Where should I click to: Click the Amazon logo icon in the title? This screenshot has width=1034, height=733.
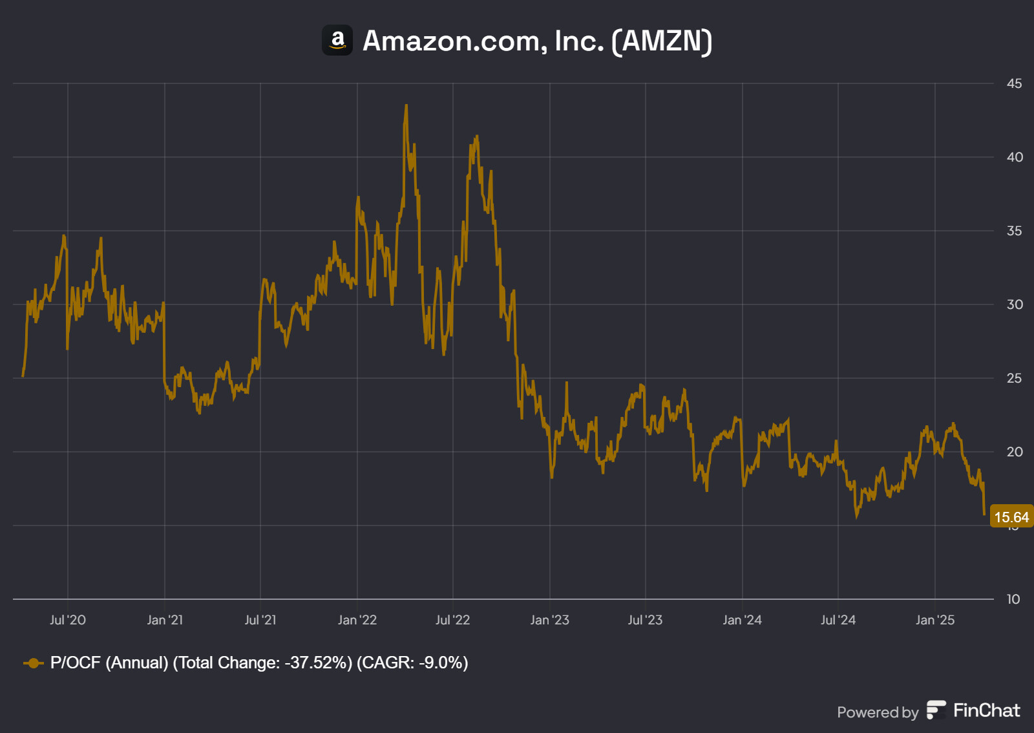click(337, 40)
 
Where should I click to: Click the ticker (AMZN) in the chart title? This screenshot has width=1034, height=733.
click(662, 41)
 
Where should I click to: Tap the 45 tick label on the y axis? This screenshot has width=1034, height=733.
click(1014, 83)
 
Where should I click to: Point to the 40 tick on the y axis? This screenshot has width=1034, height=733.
click(1014, 157)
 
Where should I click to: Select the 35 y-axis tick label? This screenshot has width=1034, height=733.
click(1014, 231)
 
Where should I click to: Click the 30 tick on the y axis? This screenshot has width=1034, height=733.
click(1014, 304)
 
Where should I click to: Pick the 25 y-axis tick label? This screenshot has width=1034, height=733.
click(1014, 378)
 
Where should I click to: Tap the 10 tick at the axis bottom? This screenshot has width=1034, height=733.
click(1013, 599)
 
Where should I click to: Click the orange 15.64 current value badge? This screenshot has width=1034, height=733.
click(1011, 517)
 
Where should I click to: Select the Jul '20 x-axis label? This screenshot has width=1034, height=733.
click(68, 620)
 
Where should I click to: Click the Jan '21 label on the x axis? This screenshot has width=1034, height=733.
click(165, 620)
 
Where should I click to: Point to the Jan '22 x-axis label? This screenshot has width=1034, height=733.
click(357, 620)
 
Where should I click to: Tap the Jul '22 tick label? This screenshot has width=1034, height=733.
click(452, 620)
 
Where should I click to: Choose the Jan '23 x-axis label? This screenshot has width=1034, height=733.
click(549, 620)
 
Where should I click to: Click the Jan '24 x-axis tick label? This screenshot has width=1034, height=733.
click(742, 620)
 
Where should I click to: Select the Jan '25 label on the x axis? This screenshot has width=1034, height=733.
click(934, 620)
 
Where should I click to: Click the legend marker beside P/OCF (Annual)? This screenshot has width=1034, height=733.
click(33, 663)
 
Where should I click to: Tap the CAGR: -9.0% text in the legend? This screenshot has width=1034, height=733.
click(412, 663)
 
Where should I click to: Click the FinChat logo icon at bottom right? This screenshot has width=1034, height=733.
click(936, 710)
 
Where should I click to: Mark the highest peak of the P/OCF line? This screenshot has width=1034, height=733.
click(406, 105)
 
